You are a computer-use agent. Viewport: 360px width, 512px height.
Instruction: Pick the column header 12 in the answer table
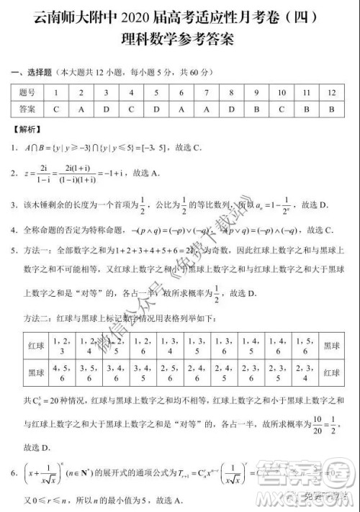tap(330, 92)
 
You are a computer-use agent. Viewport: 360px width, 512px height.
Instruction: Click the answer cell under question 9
tap(256, 109)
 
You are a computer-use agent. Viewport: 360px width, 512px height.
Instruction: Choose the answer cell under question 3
tap(106, 109)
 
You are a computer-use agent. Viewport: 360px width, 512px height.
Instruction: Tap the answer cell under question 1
tap(55, 109)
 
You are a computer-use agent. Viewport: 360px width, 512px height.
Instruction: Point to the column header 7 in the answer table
tap(206, 92)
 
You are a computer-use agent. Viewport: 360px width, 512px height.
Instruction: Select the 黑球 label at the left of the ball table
tap(35, 372)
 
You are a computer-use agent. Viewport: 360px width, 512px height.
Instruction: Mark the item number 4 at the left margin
tap(15, 230)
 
